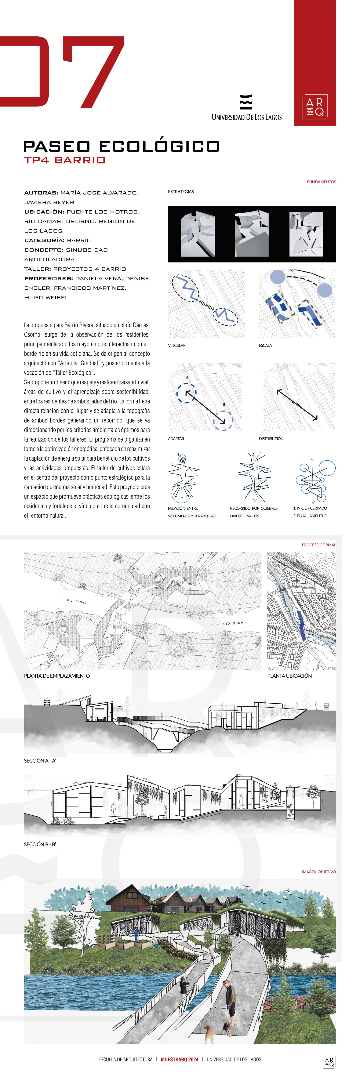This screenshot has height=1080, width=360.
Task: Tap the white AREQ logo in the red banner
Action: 315,107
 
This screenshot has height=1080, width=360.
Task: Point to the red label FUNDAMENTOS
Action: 321,182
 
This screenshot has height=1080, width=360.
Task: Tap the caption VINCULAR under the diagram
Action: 177,345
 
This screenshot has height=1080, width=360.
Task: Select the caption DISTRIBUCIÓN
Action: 271,439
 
